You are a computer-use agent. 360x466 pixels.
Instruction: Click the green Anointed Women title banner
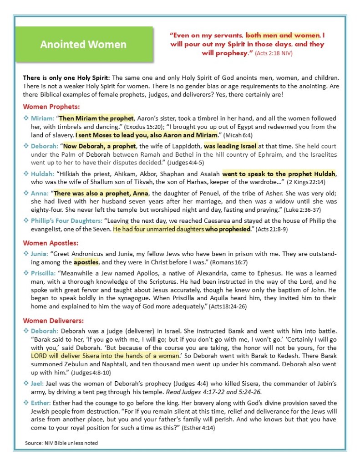pyautogui.click(x=83, y=45)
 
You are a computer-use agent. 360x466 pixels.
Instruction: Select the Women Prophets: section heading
pyautogui.click(x=51, y=107)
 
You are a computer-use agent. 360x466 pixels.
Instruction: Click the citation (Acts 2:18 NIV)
pyautogui.click(x=273, y=53)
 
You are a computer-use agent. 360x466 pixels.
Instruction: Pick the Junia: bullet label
pyautogui.click(x=40, y=253)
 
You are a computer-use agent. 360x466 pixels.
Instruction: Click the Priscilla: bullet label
pyautogui.click(x=44, y=273)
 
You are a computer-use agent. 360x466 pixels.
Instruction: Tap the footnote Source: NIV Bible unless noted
pyautogui.click(x=61, y=443)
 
